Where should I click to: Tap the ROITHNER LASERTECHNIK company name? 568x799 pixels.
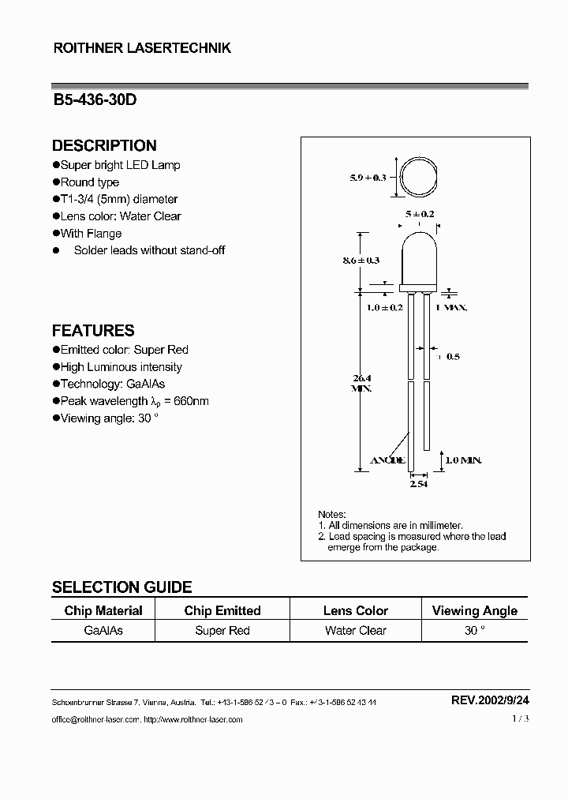142,48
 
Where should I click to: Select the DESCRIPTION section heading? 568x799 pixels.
104,145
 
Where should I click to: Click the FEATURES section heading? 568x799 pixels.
93,331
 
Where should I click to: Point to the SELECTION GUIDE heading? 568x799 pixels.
121,587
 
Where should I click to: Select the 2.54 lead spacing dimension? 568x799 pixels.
418,484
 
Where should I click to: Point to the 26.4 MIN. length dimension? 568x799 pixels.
362,383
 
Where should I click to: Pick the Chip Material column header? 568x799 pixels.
103,610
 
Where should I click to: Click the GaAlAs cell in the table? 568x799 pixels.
103,630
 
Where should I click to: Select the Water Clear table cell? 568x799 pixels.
356,630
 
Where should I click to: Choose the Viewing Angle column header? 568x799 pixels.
475,610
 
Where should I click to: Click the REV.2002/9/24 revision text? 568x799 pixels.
489,700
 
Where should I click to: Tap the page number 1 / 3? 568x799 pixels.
519,718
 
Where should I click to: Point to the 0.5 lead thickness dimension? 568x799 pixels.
453,357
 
